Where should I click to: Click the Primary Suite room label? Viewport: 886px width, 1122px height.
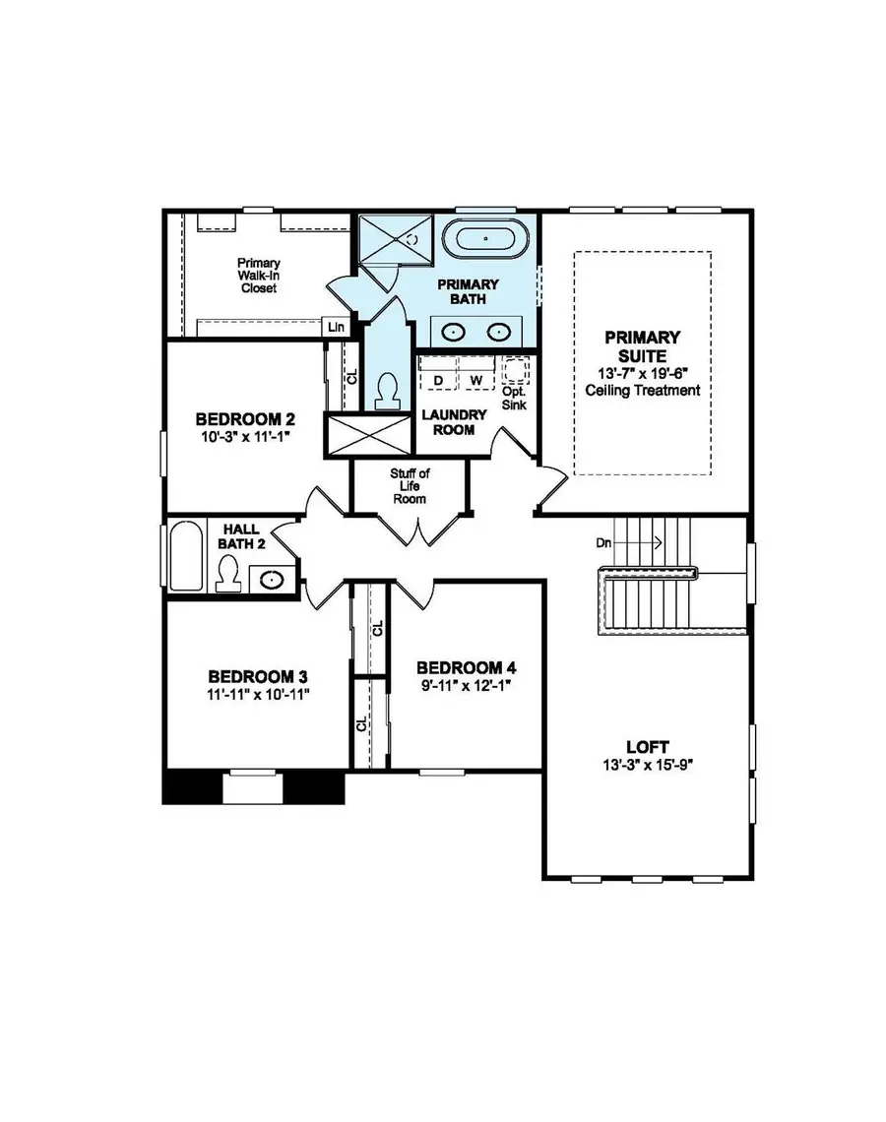642,346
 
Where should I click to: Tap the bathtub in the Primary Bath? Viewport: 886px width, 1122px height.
484,238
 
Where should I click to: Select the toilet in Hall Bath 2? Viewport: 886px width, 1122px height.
228,573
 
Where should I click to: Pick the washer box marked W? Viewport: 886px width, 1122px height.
475,379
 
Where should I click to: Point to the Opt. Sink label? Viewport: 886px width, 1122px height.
513,398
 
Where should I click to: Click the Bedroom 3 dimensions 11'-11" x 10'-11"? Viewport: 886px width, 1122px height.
258,694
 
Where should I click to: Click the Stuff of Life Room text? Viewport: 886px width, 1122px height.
410,486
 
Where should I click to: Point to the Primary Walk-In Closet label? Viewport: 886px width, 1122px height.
258,276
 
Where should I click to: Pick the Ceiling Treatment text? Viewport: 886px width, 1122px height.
642,390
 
